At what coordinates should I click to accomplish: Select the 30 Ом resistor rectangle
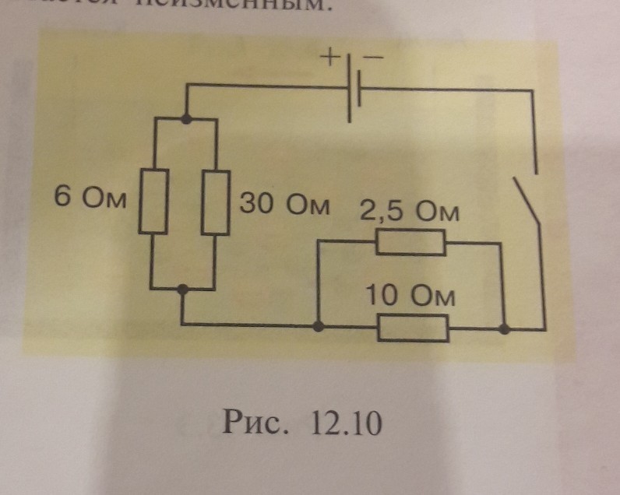coord(214,201)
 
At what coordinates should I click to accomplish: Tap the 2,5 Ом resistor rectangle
coord(410,244)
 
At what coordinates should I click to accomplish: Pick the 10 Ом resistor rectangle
coord(412,328)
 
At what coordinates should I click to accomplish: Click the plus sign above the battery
coord(331,58)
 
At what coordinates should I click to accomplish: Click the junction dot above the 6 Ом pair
coord(186,119)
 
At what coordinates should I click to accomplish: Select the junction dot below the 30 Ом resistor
coord(182,290)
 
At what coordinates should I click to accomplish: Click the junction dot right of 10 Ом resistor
coord(505,329)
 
